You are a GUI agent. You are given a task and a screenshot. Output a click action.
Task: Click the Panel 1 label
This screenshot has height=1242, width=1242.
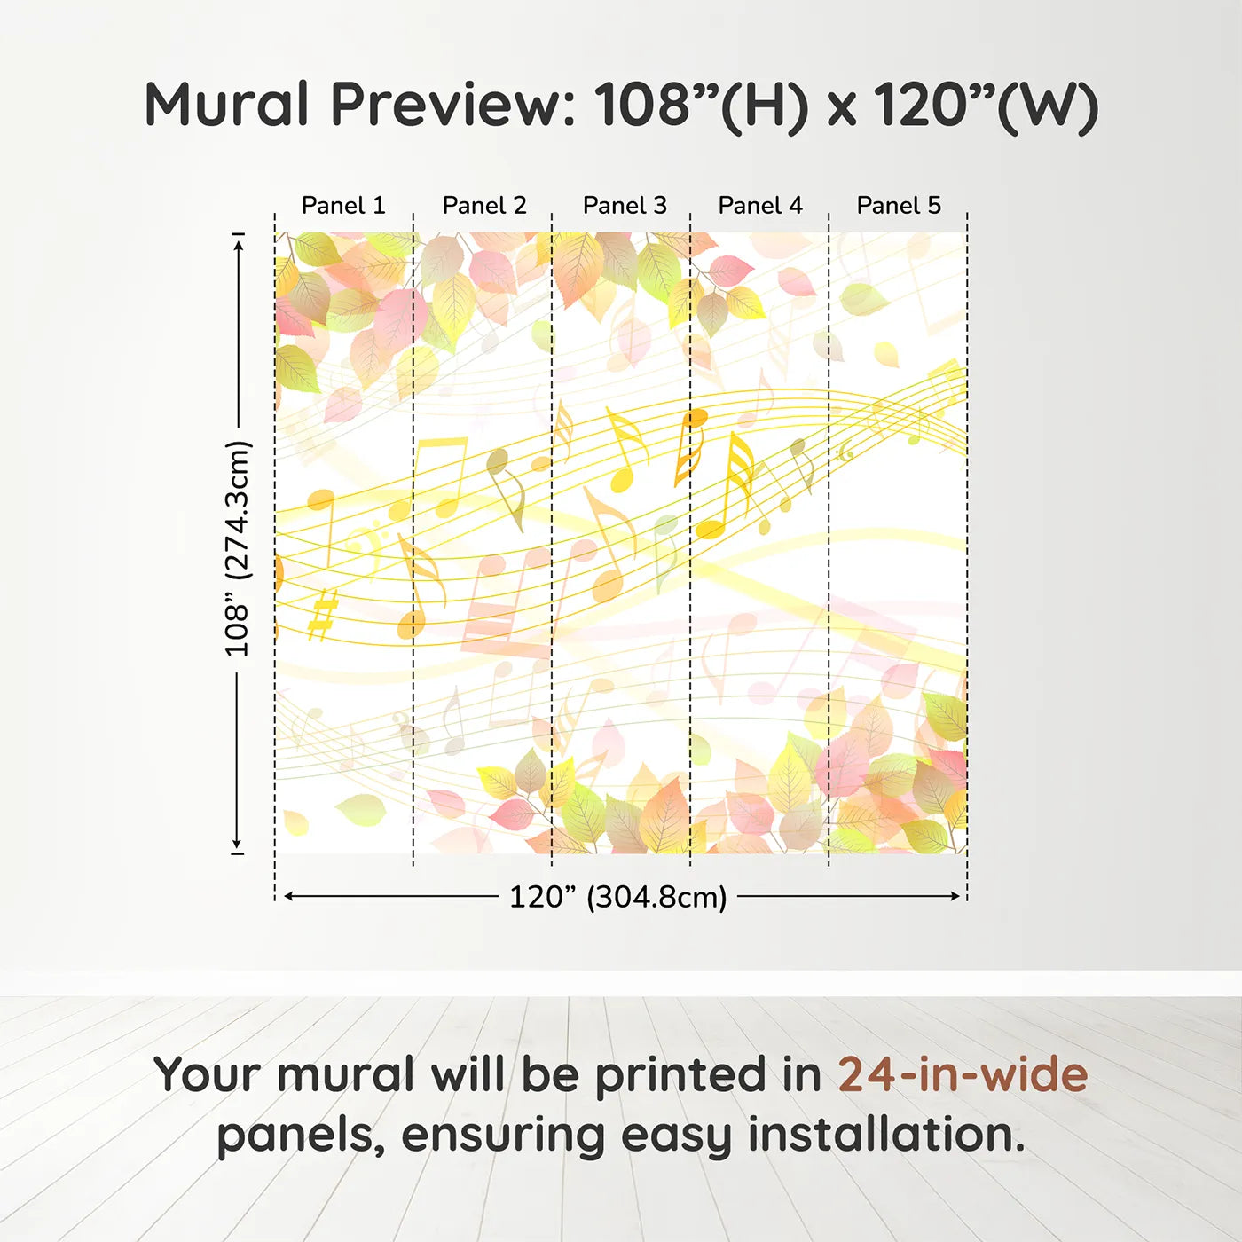[x=343, y=206]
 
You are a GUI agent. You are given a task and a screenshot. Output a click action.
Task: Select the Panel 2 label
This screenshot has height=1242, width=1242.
[x=484, y=206]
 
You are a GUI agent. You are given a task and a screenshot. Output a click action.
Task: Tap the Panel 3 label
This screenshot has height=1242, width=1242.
[x=625, y=206]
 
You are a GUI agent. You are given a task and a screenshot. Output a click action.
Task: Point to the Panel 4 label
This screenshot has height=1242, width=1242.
[x=760, y=206]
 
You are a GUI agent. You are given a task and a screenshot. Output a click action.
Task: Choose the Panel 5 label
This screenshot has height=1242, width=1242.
[x=899, y=206]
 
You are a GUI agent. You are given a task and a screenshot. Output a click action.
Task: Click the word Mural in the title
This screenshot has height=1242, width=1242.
[x=226, y=105]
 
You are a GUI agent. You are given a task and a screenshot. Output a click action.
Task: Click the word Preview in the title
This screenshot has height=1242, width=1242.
[x=453, y=105]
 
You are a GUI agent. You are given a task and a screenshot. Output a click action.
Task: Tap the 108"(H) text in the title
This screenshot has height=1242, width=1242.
[x=702, y=105]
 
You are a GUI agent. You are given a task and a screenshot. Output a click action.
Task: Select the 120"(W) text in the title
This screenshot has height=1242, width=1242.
[x=986, y=105]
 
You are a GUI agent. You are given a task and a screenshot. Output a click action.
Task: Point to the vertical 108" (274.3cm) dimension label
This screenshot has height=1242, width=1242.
[x=238, y=548]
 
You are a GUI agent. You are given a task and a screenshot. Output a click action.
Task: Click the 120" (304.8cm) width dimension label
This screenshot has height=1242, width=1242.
[x=617, y=897]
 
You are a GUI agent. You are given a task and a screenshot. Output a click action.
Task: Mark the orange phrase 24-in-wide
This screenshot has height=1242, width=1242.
[x=963, y=1074]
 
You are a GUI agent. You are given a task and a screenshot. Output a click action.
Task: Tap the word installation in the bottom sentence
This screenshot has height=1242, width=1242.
[x=885, y=1135]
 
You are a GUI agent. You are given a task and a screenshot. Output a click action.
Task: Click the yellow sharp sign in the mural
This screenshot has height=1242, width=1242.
[x=323, y=614]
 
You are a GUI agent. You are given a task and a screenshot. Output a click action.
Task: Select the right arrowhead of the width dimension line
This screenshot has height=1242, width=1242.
[x=955, y=896]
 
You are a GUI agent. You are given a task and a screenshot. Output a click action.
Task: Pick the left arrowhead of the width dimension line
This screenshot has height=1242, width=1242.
[x=288, y=896]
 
